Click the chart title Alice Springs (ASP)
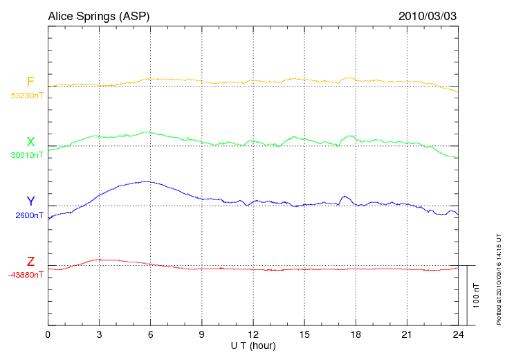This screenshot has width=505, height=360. [x=98, y=15]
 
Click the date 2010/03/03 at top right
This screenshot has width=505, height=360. [x=428, y=15]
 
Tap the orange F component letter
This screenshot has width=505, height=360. [x=30, y=82]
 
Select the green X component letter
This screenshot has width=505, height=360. [x=30, y=142]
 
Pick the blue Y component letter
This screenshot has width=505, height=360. [x=30, y=201]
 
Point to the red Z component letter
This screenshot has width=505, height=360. [x=30, y=262]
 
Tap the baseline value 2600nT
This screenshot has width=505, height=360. [x=29, y=215]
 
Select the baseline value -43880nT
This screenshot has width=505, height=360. [x=26, y=275]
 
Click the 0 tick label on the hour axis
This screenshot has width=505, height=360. [x=48, y=335]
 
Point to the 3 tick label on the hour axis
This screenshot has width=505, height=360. [x=99, y=335]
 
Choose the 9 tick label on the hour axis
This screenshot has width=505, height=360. [x=201, y=335]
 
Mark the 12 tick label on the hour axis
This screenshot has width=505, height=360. [x=253, y=335]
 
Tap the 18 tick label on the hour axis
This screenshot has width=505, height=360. [x=356, y=335]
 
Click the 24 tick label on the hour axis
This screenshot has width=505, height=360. [x=458, y=335]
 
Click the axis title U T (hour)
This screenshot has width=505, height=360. [x=253, y=345]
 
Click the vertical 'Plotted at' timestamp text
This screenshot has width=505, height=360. [x=499, y=278]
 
